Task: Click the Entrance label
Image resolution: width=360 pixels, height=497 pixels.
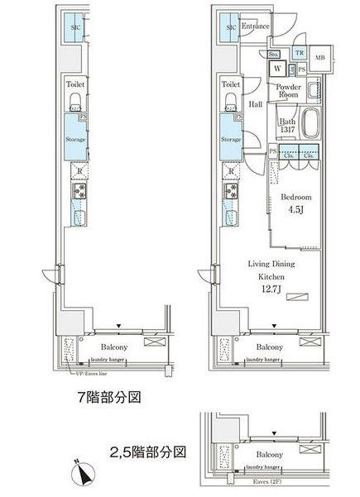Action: point(257,26)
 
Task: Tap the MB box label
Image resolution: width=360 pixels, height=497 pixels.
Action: point(320,58)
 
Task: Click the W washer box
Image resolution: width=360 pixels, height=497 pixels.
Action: point(277,69)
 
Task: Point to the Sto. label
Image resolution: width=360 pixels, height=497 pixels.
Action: point(274,55)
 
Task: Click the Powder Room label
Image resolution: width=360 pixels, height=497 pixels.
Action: point(287,91)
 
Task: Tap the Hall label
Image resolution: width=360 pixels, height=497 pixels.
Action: point(256,104)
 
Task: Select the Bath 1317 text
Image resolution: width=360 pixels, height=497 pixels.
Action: point(286,126)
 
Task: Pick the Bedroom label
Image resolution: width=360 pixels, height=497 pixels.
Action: point(295,198)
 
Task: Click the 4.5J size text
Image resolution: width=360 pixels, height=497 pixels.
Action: point(295,212)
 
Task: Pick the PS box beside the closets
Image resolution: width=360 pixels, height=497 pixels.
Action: point(271,151)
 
